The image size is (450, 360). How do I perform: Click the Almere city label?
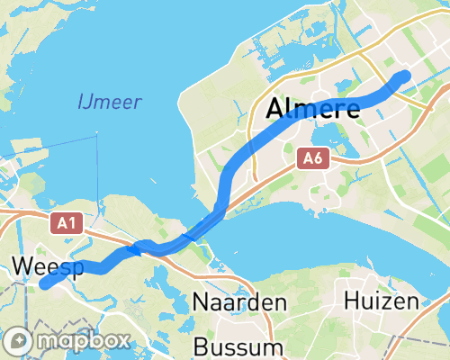[314, 110]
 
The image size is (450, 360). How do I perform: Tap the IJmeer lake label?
[109, 101]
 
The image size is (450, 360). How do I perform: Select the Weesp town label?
[47, 266]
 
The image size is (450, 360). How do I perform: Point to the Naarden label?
[238, 301]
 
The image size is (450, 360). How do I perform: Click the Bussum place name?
[238, 346]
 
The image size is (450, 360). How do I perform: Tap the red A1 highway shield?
[66, 223]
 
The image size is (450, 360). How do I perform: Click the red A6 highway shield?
[311, 159]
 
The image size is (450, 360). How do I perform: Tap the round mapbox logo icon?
[19, 342]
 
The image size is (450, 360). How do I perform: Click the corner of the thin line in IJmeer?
[95, 134]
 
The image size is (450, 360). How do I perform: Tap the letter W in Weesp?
[22, 266]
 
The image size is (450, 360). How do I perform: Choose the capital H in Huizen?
[352, 301]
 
